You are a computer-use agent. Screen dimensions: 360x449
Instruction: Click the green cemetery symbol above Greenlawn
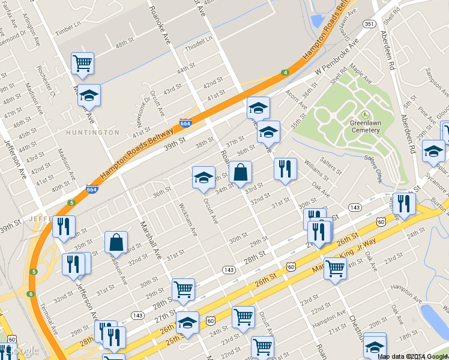(365, 114)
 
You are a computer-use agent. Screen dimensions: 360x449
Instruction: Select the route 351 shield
(369, 23)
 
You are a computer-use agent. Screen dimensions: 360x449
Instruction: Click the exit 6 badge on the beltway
(30, 294)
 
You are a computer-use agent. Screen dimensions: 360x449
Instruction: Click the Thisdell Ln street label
(199, 42)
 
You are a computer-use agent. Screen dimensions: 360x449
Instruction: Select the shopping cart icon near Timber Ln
(82, 63)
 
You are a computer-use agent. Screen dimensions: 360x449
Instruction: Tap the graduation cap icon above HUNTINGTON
(89, 95)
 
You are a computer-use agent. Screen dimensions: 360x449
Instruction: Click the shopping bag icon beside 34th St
(240, 172)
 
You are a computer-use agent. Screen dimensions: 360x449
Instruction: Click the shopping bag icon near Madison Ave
(116, 242)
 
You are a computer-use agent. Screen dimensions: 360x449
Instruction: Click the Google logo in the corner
(23, 351)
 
